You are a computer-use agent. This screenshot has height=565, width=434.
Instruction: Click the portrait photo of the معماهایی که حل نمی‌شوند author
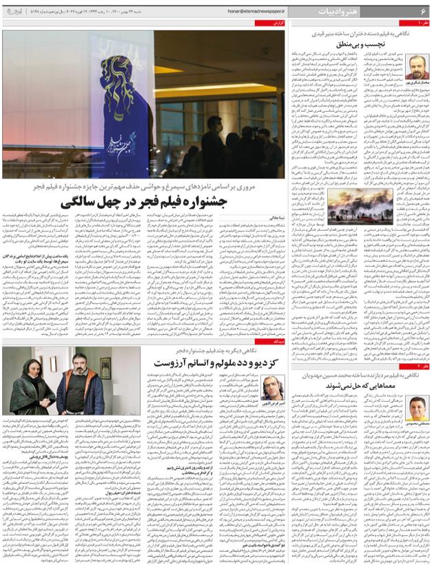coord(415,409)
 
